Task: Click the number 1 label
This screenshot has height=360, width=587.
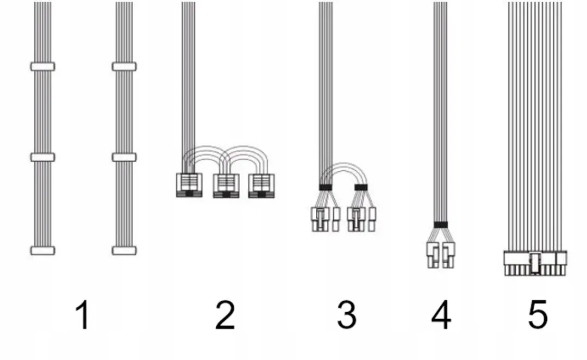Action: point(83,315)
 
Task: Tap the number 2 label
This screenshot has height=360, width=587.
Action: point(225,315)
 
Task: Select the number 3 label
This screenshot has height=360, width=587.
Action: point(347,315)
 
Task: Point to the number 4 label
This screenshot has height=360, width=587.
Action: point(441,315)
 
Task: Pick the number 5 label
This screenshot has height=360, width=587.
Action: point(538,315)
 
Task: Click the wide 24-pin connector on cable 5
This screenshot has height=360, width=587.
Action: point(535,263)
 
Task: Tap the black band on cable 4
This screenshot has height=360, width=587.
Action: point(441,225)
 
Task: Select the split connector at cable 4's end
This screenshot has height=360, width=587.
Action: point(441,255)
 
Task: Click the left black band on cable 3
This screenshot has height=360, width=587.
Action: point(326,187)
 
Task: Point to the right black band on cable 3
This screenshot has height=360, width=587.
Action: point(361,187)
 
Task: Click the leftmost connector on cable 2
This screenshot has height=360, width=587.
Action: point(189,185)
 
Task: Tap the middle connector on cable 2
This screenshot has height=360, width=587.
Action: point(226,186)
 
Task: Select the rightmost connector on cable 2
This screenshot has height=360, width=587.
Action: point(261,186)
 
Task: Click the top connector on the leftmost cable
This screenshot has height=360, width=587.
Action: point(42,67)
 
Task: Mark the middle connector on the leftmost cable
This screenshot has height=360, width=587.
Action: point(42,157)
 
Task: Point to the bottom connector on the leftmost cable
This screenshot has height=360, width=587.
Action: point(42,251)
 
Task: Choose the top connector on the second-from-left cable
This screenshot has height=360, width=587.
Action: point(124,67)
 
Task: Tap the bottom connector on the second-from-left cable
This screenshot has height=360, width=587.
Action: point(124,251)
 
